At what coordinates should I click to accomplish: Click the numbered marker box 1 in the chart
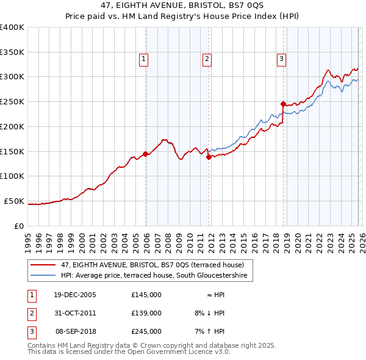[143, 59]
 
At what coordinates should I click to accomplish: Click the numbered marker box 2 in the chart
[207, 59]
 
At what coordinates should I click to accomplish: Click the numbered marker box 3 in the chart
[281, 59]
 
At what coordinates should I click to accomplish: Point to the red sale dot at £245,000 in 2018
[283, 104]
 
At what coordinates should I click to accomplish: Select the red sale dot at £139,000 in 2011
[209, 157]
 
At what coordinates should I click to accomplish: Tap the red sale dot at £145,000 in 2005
[145, 154]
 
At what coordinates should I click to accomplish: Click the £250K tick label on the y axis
[12, 102]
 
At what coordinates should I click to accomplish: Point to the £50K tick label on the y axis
[13, 201]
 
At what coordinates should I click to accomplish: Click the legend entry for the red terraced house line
[152, 265]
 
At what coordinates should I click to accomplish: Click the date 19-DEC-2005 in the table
[75, 295]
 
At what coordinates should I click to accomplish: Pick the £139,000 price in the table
[146, 313]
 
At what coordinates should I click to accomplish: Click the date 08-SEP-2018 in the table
[75, 331]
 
